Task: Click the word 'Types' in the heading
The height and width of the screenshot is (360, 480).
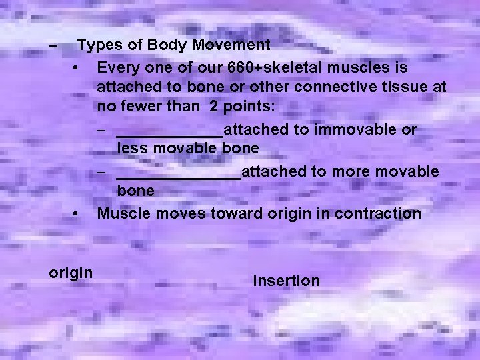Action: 97,46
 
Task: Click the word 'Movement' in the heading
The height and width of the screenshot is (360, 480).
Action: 231,46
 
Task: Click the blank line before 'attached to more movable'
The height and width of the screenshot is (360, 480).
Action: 178,172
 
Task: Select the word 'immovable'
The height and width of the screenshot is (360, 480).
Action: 348,130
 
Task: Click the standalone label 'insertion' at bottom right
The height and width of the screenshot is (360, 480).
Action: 287,281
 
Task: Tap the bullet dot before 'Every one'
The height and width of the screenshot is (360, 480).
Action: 79,68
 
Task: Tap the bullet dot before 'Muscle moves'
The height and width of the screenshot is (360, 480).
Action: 79,214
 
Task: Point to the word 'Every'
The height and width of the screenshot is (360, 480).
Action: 117,68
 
